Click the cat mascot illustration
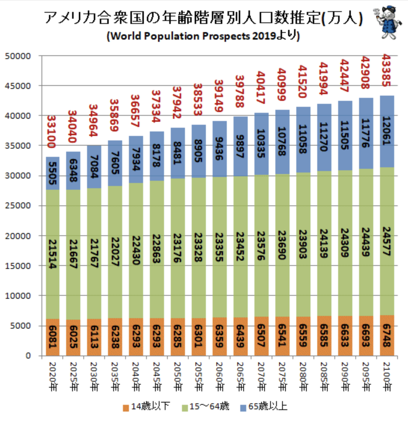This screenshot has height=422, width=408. click(x=387, y=22)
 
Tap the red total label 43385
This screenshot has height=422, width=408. click(x=387, y=71)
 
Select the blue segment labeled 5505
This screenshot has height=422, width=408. click(x=53, y=173)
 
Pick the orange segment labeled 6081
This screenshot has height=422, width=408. click(x=53, y=338)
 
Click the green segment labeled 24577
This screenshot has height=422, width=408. click(x=387, y=241)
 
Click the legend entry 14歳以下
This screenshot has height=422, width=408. click(x=146, y=406)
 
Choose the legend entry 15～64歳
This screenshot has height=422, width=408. click(x=206, y=406)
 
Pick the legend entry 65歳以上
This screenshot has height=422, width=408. click(x=264, y=406)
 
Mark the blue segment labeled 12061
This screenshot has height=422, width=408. click(x=387, y=131)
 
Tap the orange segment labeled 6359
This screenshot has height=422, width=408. click(x=220, y=337)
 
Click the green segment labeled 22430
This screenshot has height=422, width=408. click(x=136, y=251)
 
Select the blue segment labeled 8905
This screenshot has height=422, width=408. click(x=199, y=151)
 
